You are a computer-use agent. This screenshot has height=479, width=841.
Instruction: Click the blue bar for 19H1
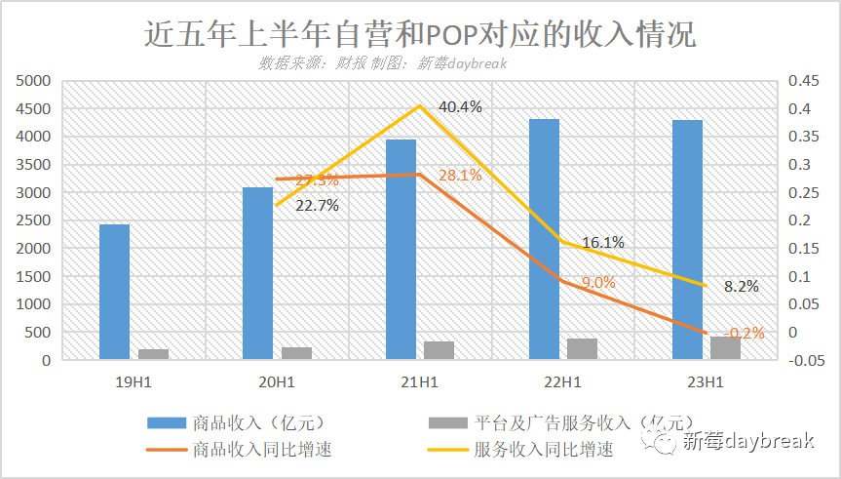pyautogui.click(x=114, y=292)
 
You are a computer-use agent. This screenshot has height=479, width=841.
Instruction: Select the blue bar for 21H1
pyautogui.click(x=401, y=250)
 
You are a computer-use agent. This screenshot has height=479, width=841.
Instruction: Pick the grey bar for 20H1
pyautogui.click(x=296, y=353)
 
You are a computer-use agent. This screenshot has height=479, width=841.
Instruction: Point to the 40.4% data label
pyautogui.click(x=460, y=106)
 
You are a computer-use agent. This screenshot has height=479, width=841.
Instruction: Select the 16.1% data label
pyautogui.click(x=603, y=242)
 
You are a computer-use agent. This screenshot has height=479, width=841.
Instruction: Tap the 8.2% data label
pyautogui.click(x=742, y=287)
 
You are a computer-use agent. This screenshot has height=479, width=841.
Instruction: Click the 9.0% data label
pyautogui.click(x=598, y=282)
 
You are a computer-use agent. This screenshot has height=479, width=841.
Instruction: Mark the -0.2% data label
pyautogui.click(x=745, y=333)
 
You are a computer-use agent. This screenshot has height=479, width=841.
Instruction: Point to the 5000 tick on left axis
pyautogui.click(x=33, y=81)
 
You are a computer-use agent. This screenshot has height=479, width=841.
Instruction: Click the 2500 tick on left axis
pyautogui.click(x=33, y=220)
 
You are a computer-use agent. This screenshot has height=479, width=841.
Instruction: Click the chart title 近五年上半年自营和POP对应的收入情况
pyautogui.click(x=420, y=34)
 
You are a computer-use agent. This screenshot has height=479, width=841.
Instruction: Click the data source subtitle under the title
pyautogui.click(x=383, y=62)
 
